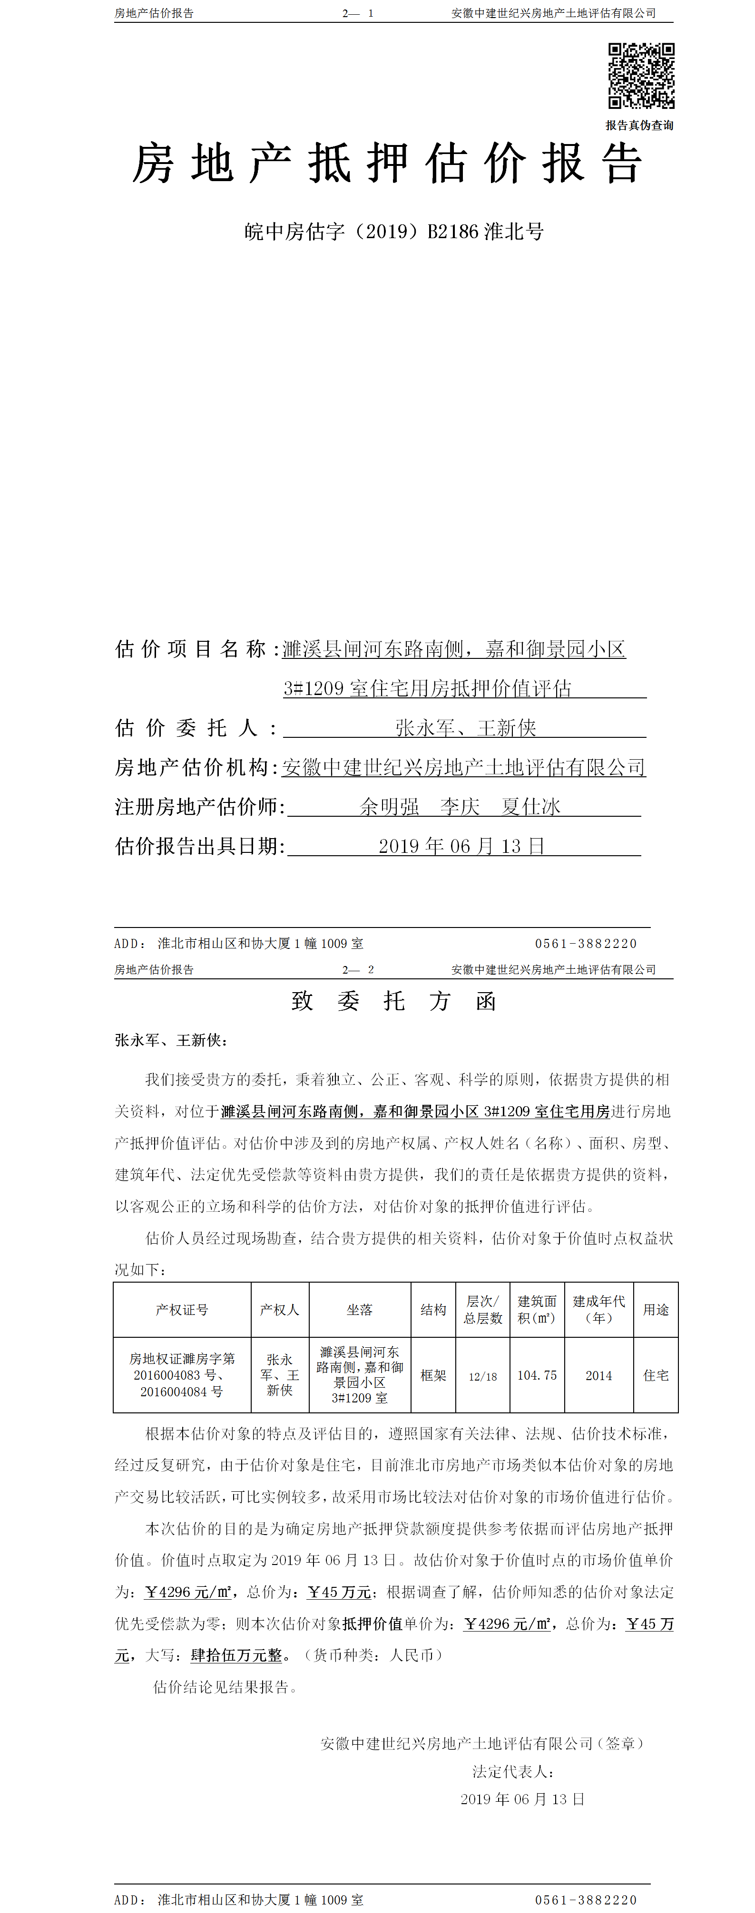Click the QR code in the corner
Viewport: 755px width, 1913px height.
[640, 76]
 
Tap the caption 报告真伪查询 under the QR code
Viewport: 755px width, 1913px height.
[639, 126]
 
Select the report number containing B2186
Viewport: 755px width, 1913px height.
[394, 232]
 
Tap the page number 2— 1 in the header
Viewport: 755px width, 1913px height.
[357, 13]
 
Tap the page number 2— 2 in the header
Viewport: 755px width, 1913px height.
[357, 970]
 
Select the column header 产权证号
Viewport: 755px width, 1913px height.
[182, 1310]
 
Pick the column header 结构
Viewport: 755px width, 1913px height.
[433, 1310]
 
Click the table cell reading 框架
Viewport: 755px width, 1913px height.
[433, 1375]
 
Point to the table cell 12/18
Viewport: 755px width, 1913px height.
[483, 1376]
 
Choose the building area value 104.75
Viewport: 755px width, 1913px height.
[537, 1375]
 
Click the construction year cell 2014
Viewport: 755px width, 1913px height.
[599, 1375]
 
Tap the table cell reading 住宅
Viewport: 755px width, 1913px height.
[656, 1375]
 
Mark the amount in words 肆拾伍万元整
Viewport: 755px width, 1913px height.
[236, 1655]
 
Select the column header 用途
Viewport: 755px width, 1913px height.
[656, 1310]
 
